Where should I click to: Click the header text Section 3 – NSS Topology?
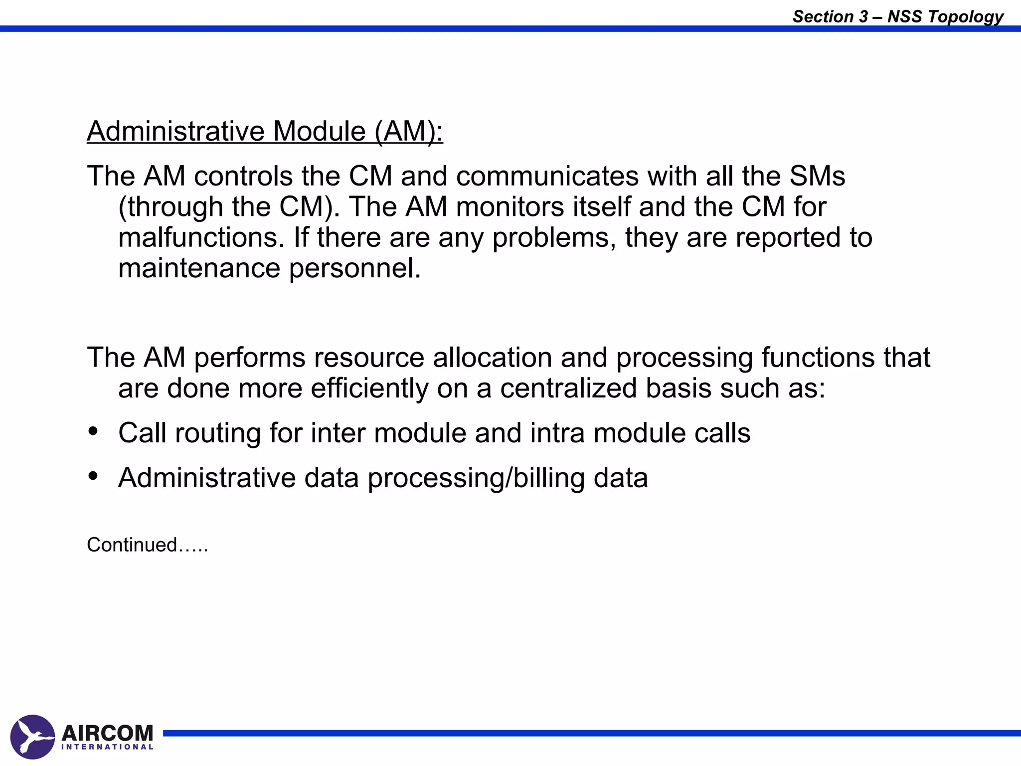click(x=897, y=16)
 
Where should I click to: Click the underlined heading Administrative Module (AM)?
click(x=265, y=131)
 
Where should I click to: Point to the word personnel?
click(x=355, y=268)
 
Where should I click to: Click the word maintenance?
click(x=199, y=268)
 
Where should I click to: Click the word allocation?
click(x=492, y=358)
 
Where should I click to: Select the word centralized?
click(x=568, y=388)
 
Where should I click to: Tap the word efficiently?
click(x=369, y=388)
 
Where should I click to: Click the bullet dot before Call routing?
click(x=93, y=431)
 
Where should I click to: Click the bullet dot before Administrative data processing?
click(x=93, y=476)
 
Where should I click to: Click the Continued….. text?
click(x=147, y=545)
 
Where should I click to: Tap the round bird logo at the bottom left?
click(x=32, y=737)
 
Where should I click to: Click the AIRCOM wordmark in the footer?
click(x=108, y=733)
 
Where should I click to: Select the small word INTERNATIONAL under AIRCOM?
click(x=108, y=747)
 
